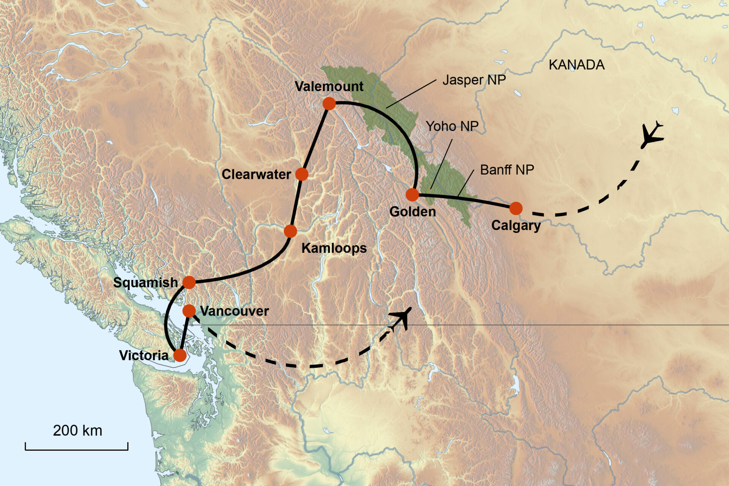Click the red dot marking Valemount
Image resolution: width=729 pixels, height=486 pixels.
pyautogui.click(x=329, y=103)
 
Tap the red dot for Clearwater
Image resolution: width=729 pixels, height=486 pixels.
pyautogui.click(x=302, y=174)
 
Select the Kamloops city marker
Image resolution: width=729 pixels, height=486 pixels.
pyautogui.click(x=290, y=231)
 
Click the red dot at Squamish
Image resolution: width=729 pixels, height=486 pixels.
pyautogui.click(x=189, y=282)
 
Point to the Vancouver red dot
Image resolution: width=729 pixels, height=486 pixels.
pyautogui.click(x=189, y=311)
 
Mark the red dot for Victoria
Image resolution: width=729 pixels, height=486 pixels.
pyautogui.click(x=180, y=355)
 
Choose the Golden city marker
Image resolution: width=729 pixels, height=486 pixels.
pyautogui.click(x=412, y=195)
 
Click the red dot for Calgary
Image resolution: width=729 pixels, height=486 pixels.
pyautogui.click(x=516, y=208)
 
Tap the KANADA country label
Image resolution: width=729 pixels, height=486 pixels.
pyautogui.click(x=576, y=65)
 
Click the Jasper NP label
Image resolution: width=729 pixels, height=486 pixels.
pyautogui.click(x=474, y=80)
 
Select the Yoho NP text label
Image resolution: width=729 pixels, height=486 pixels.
pyautogui.click(x=452, y=126)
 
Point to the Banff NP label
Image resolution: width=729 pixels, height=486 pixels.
pyautogui.click(x=507, y=170)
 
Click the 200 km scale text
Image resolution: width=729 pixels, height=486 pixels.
pyautogui.click(x=77, y=431)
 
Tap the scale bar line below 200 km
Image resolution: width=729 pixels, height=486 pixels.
pyautogui.click(x=77, y=450)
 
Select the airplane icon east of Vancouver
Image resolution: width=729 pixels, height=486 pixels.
pyautogui.click(x=402, y=318)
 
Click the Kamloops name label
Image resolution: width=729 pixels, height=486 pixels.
pyautogui.click(x=334, y=248)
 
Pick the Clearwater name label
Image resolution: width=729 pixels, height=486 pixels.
pyautogui.click(x=256, y=174)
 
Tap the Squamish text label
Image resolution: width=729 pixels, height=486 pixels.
pyautogui.click(x=145, y=282)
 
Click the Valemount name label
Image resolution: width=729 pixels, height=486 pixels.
pyautogui.click(x=329, y=86)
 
